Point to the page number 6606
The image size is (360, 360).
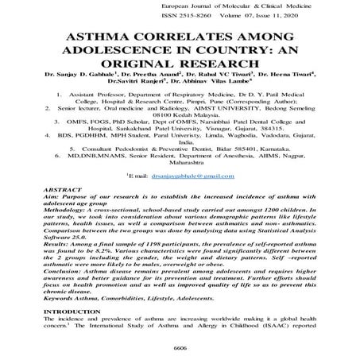coord(180,347)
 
